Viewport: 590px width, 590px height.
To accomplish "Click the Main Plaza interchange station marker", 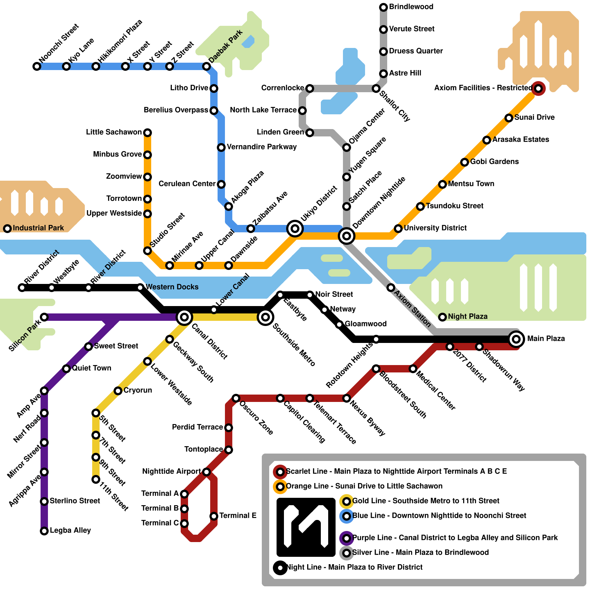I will pos(516,339).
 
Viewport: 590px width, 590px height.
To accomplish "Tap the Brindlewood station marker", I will pos(383,7).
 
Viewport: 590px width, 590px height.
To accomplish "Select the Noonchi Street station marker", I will pos(37,66).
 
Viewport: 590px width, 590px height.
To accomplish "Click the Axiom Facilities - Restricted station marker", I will pos(538,88).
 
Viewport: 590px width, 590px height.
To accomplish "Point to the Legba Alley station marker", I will pos(44,531).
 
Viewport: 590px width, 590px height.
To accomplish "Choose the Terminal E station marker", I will pos(214,516).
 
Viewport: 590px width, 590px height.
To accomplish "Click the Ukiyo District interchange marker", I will pos(295,229).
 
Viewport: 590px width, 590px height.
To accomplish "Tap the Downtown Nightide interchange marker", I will pos(347,236).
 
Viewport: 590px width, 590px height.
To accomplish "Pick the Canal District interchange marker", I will pos(184,317).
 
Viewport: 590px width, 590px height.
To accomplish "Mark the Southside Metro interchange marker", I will pos(265,317).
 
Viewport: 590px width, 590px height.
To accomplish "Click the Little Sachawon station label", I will pos(114,132).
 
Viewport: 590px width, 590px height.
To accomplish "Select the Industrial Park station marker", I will pos(7,229).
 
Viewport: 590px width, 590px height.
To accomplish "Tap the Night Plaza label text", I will pos(468,316).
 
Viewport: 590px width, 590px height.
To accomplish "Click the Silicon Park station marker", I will pos(44,317).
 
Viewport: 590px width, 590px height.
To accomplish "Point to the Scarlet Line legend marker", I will pos(280,472).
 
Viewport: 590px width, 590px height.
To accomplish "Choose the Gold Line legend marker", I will pos(347,501).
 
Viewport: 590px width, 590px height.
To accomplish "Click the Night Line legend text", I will pos(354,567).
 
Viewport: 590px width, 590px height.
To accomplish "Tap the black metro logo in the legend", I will pos(306,527).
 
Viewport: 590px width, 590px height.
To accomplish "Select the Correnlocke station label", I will pos(282,88).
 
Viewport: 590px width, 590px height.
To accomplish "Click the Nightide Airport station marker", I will pos(206,472).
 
